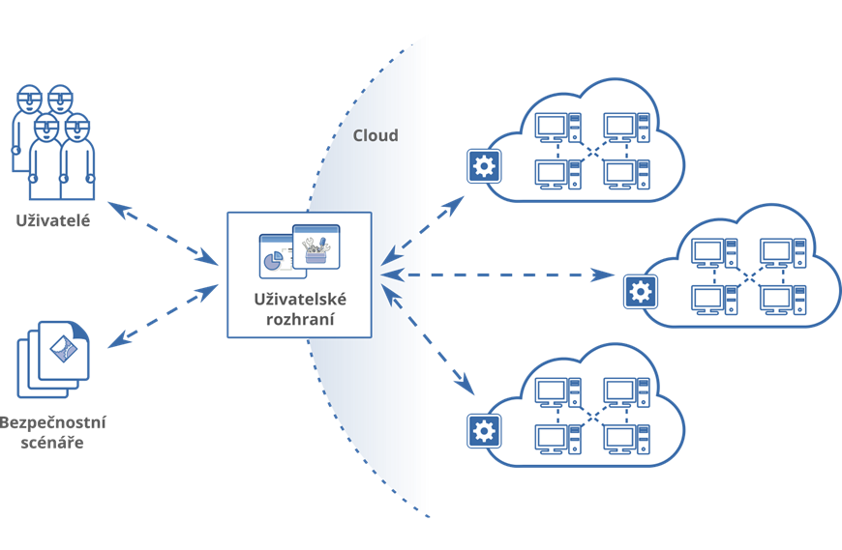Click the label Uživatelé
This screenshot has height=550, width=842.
[53, 221]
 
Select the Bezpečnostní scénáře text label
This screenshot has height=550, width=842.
[53, 433]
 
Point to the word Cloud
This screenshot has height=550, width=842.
[375, 137]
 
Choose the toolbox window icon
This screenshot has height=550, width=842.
[316, 247]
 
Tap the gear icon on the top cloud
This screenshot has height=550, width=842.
[481, 166]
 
